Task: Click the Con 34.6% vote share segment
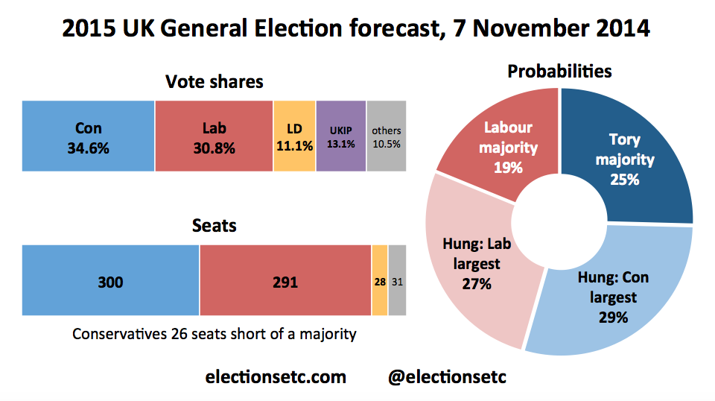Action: pos(89,136)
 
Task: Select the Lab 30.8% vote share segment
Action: pos(214,136)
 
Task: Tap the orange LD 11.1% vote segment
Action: pos(295,136)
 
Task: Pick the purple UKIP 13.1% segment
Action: pos(341,136)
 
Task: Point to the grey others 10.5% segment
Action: pos(386,136)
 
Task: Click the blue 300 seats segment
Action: pos(110,280)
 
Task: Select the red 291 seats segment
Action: pos(285,280)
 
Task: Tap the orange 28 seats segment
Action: pos(379,280)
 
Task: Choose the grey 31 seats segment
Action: pos(397,280)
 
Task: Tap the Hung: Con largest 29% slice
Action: pos(611,294)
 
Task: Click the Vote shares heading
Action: pos(214,81)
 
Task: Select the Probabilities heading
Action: pos(559,72)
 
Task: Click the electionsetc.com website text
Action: pos(276,377)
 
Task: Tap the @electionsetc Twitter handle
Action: pos(447,377)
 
